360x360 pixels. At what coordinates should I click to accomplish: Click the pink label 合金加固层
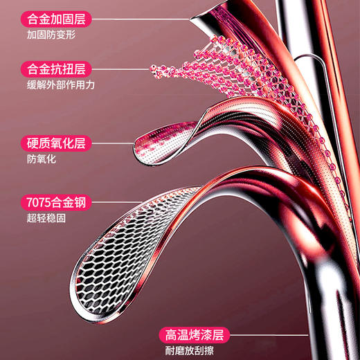click(56, 19)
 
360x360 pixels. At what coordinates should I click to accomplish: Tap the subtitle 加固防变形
click(51, 35)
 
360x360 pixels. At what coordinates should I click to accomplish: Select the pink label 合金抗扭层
click(56, 69)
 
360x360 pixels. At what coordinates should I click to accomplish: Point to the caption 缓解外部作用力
click(61, 84)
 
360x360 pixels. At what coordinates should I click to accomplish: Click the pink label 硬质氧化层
click(56, 143)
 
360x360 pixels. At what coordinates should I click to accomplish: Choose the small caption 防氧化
click(42, 159)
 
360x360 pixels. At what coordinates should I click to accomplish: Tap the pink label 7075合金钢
click(56, 202)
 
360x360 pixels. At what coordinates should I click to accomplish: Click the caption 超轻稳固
click(46, 218)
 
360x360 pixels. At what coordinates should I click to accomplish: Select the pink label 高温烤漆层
click(195, 335)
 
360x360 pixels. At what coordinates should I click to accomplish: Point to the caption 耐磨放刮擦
click(190, 351)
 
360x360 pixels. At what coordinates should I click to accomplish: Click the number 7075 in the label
click(39, 202)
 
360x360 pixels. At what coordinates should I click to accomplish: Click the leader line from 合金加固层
click(141, 19)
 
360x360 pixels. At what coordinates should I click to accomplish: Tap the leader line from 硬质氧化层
click(113, 143)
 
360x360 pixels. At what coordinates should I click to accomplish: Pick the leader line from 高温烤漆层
click(269, 335)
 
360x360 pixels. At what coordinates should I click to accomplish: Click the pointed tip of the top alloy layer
click(190, 19)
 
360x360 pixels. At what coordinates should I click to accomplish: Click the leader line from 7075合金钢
click(117, 202)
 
